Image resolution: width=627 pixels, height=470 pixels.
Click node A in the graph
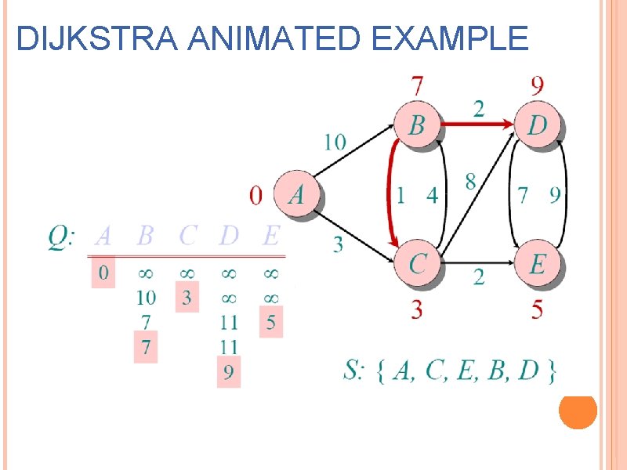(x=296, y=193)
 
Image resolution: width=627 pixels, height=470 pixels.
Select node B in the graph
(x=417, y=124)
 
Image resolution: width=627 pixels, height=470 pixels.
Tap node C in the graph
(x=417, y=263)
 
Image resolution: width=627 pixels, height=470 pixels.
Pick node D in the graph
(x=538, y=124)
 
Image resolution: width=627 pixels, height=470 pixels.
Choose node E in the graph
(x=538, y=263)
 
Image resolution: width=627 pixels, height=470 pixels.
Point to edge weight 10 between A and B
(x=335, y=142)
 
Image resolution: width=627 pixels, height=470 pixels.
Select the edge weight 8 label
(x=469, y=183)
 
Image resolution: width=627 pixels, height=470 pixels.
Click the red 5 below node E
(x=537, y=310)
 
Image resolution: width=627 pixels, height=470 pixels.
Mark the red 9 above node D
(x=538, y=85)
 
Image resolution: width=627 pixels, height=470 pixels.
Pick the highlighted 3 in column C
(x=187, y=298)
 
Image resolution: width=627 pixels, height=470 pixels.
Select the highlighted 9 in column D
(x=228, y=371)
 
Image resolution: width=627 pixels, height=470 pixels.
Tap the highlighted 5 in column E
(x=270, y=322)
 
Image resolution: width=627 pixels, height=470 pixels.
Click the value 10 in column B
(x=146, y=298)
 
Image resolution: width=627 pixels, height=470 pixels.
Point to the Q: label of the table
(x=61, y=236)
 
